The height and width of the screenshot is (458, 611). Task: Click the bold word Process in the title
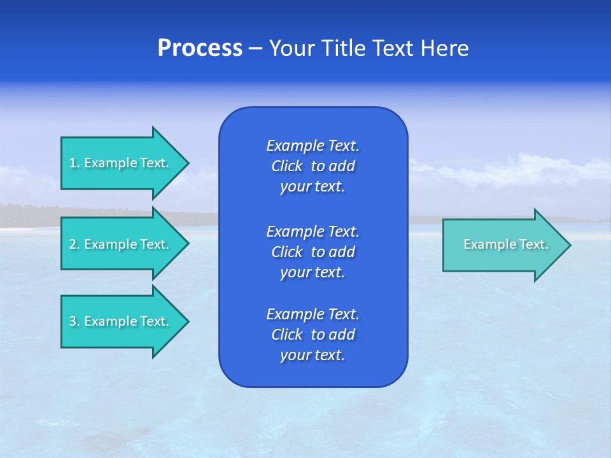(200, 48)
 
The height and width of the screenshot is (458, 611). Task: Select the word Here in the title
(444, 48)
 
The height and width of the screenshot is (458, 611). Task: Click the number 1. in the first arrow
(74, 163)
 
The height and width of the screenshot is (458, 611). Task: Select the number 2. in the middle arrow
(74, 244)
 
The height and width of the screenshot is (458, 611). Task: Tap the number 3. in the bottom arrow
(74, 321)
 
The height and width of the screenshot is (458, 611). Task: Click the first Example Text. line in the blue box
(313, 146)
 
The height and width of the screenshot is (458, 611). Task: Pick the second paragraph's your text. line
(313, 272)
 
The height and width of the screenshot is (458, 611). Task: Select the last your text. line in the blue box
(313, 356)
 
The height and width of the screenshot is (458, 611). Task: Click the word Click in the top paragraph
(286, 166)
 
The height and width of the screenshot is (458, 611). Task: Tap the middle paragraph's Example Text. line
(313, 231)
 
